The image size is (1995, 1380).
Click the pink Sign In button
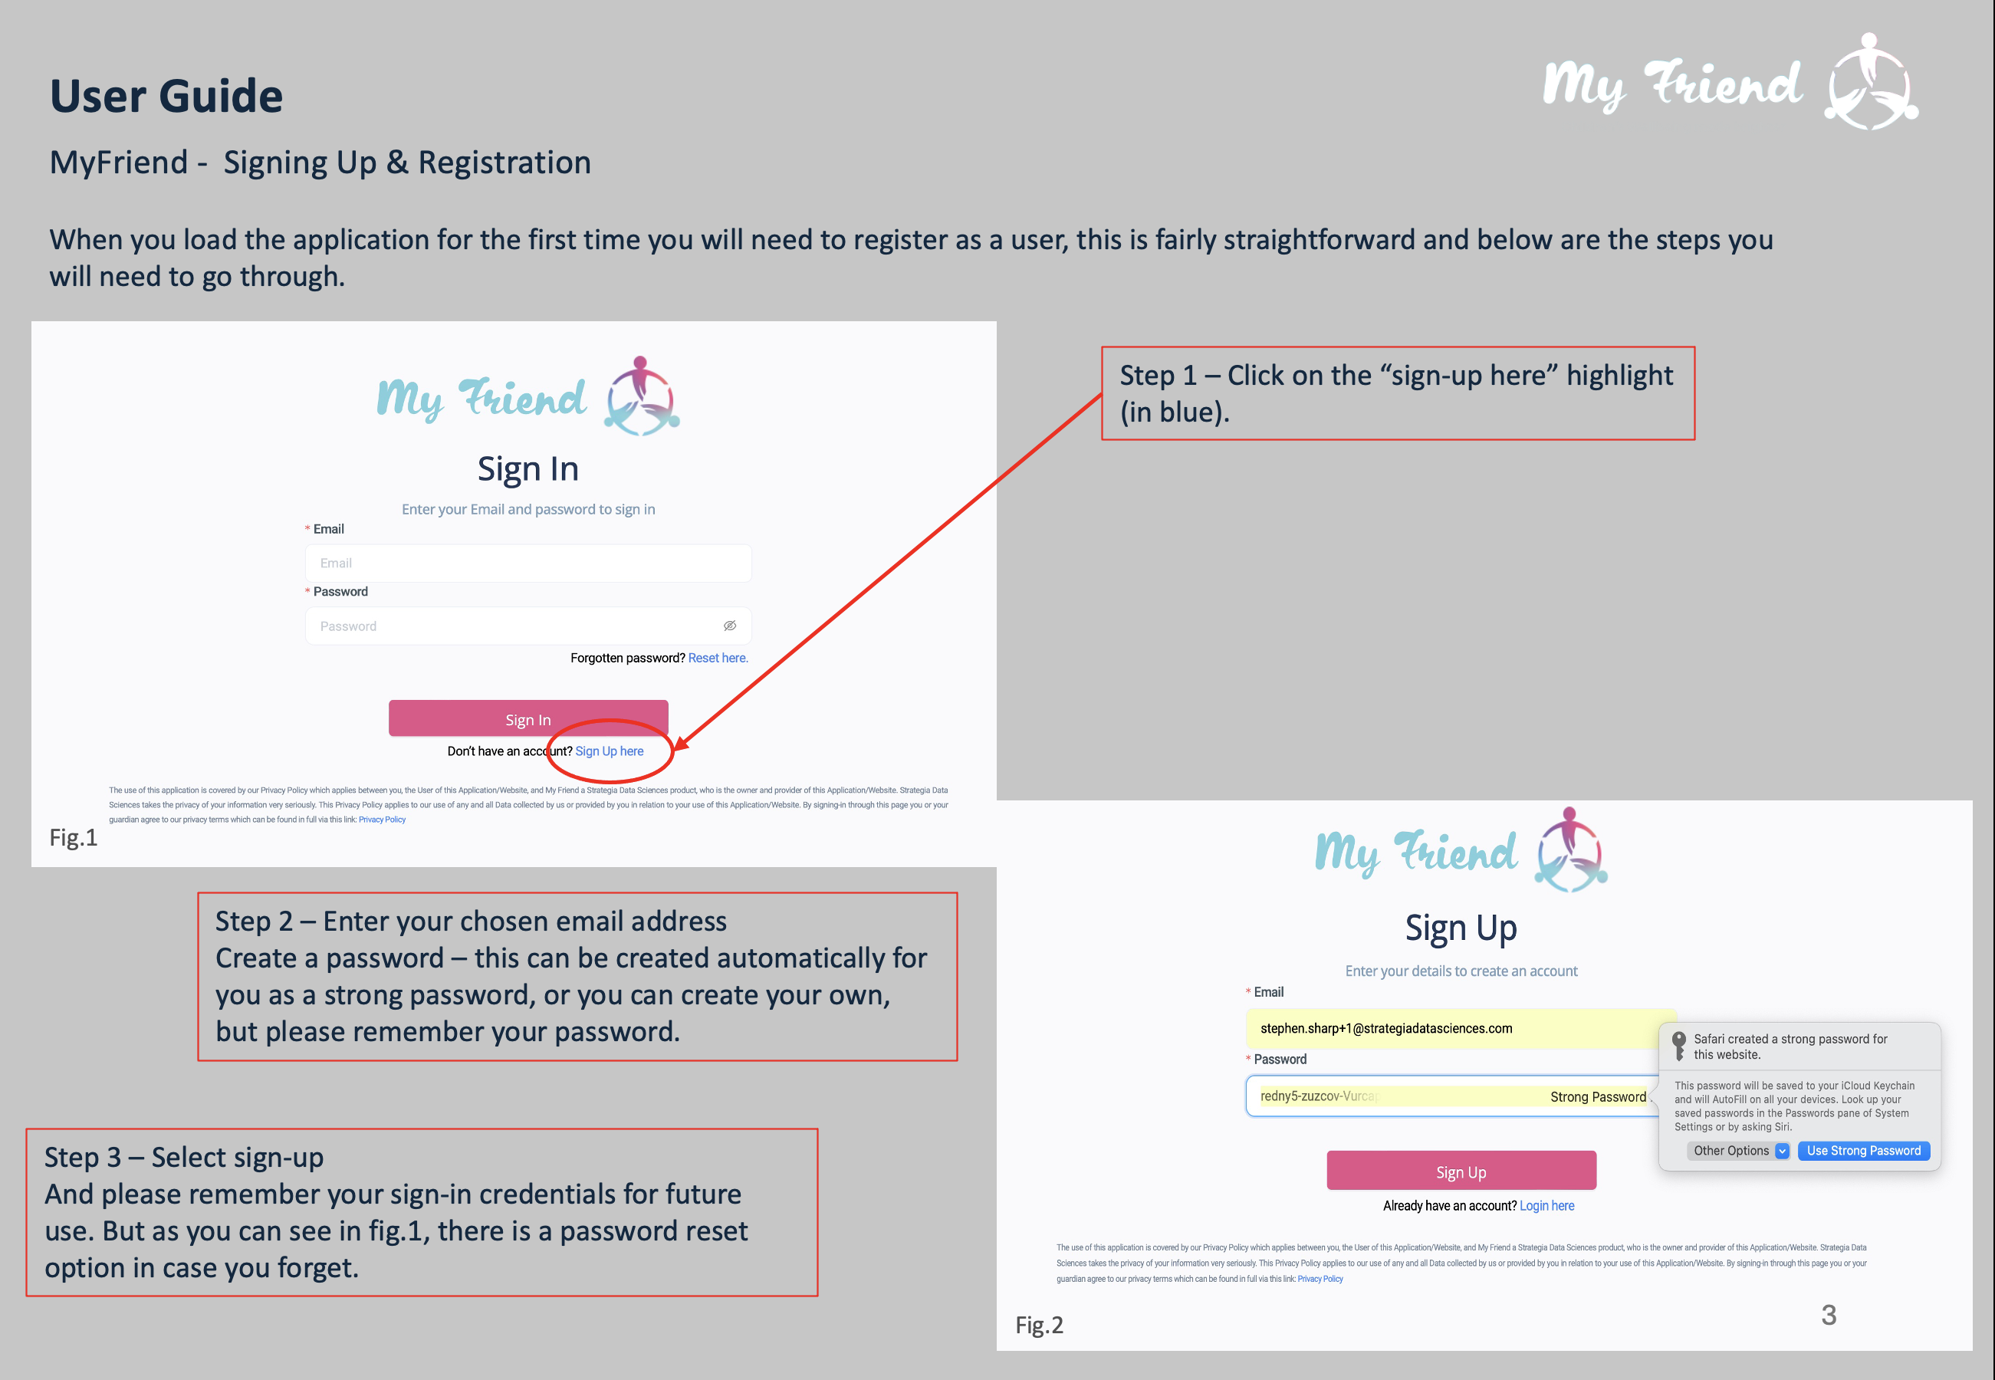coord(528,718)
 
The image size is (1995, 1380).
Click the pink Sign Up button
coord(1461,1171)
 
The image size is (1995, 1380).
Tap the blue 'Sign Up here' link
coord(609,751)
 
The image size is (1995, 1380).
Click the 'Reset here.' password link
coord(718,658)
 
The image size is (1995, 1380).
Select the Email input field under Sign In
coord(528,563)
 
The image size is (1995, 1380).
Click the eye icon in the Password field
coord(730,625)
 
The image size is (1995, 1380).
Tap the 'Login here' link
coord(1546,1205)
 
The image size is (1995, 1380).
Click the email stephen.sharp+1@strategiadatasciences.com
coord(1385,1028)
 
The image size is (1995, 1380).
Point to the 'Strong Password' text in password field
coord(1597,1096)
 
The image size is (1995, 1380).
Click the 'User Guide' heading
coord(166,95)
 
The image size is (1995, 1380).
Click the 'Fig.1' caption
coord(74,837)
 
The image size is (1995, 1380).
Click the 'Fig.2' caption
coord(1039,1325)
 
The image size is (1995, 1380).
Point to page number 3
coord(1828,1314)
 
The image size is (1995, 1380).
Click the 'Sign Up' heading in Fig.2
coord(1461,928)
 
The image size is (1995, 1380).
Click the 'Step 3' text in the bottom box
coord(82,1157)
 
